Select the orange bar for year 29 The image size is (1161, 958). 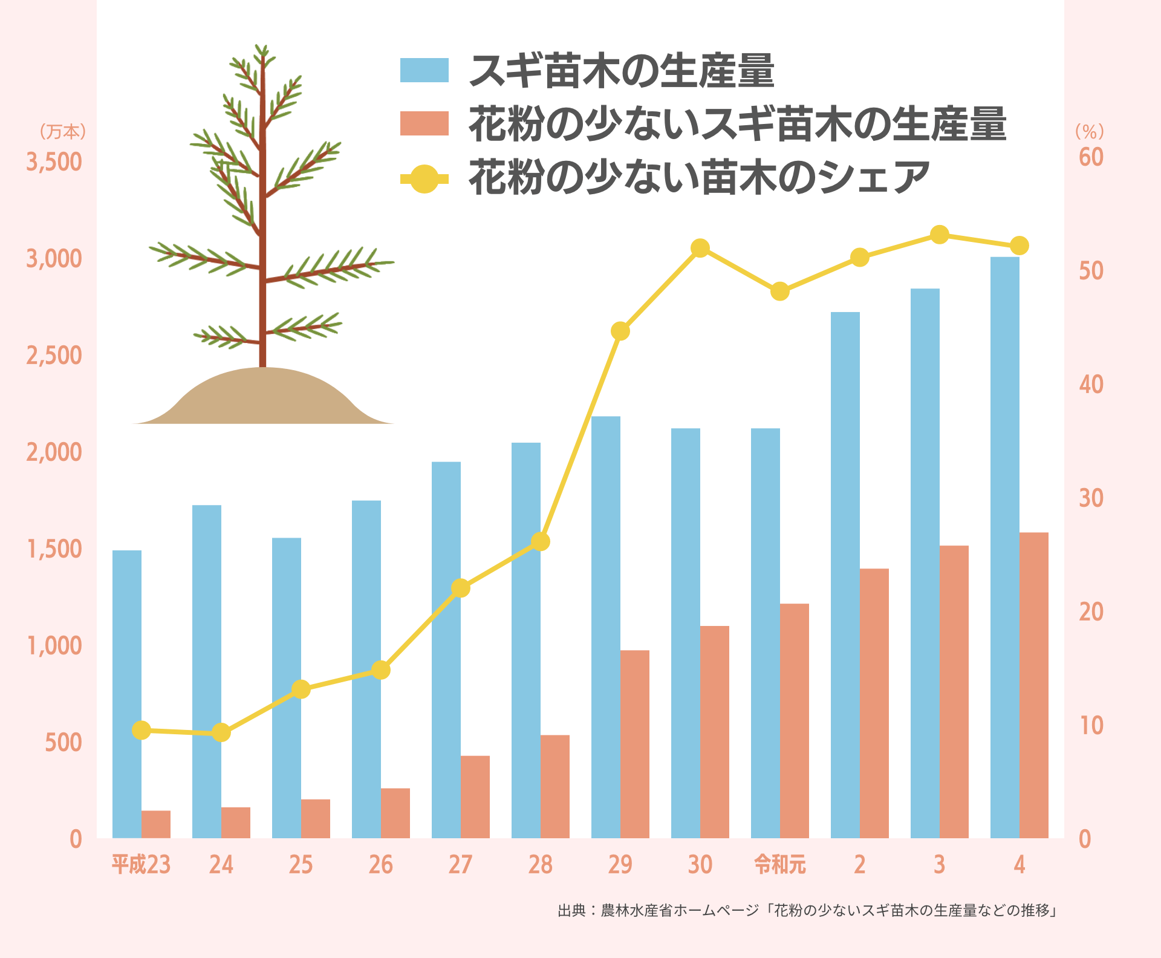point(635,744)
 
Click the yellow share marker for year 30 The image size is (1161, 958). point(700,248)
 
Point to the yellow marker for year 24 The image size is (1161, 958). point(221,732)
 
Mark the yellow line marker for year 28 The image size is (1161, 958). point(541,541)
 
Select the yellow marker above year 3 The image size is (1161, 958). point(940,235)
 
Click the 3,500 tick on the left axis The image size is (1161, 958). point(54,162)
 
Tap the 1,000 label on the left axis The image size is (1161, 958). point(54,646)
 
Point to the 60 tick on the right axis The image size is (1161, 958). point(1091,157)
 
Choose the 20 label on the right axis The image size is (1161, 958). point(1091,612)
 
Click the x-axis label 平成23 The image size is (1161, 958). point(141,865)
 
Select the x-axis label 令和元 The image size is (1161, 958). point(780,865)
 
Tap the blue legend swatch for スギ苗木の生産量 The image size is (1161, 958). point(424,70)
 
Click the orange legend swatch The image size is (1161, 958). point(424,123)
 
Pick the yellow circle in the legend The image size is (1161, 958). point(424,178)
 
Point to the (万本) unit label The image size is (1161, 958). point(63,131)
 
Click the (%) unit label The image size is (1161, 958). point(1090,131)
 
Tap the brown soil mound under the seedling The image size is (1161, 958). point(263,399)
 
